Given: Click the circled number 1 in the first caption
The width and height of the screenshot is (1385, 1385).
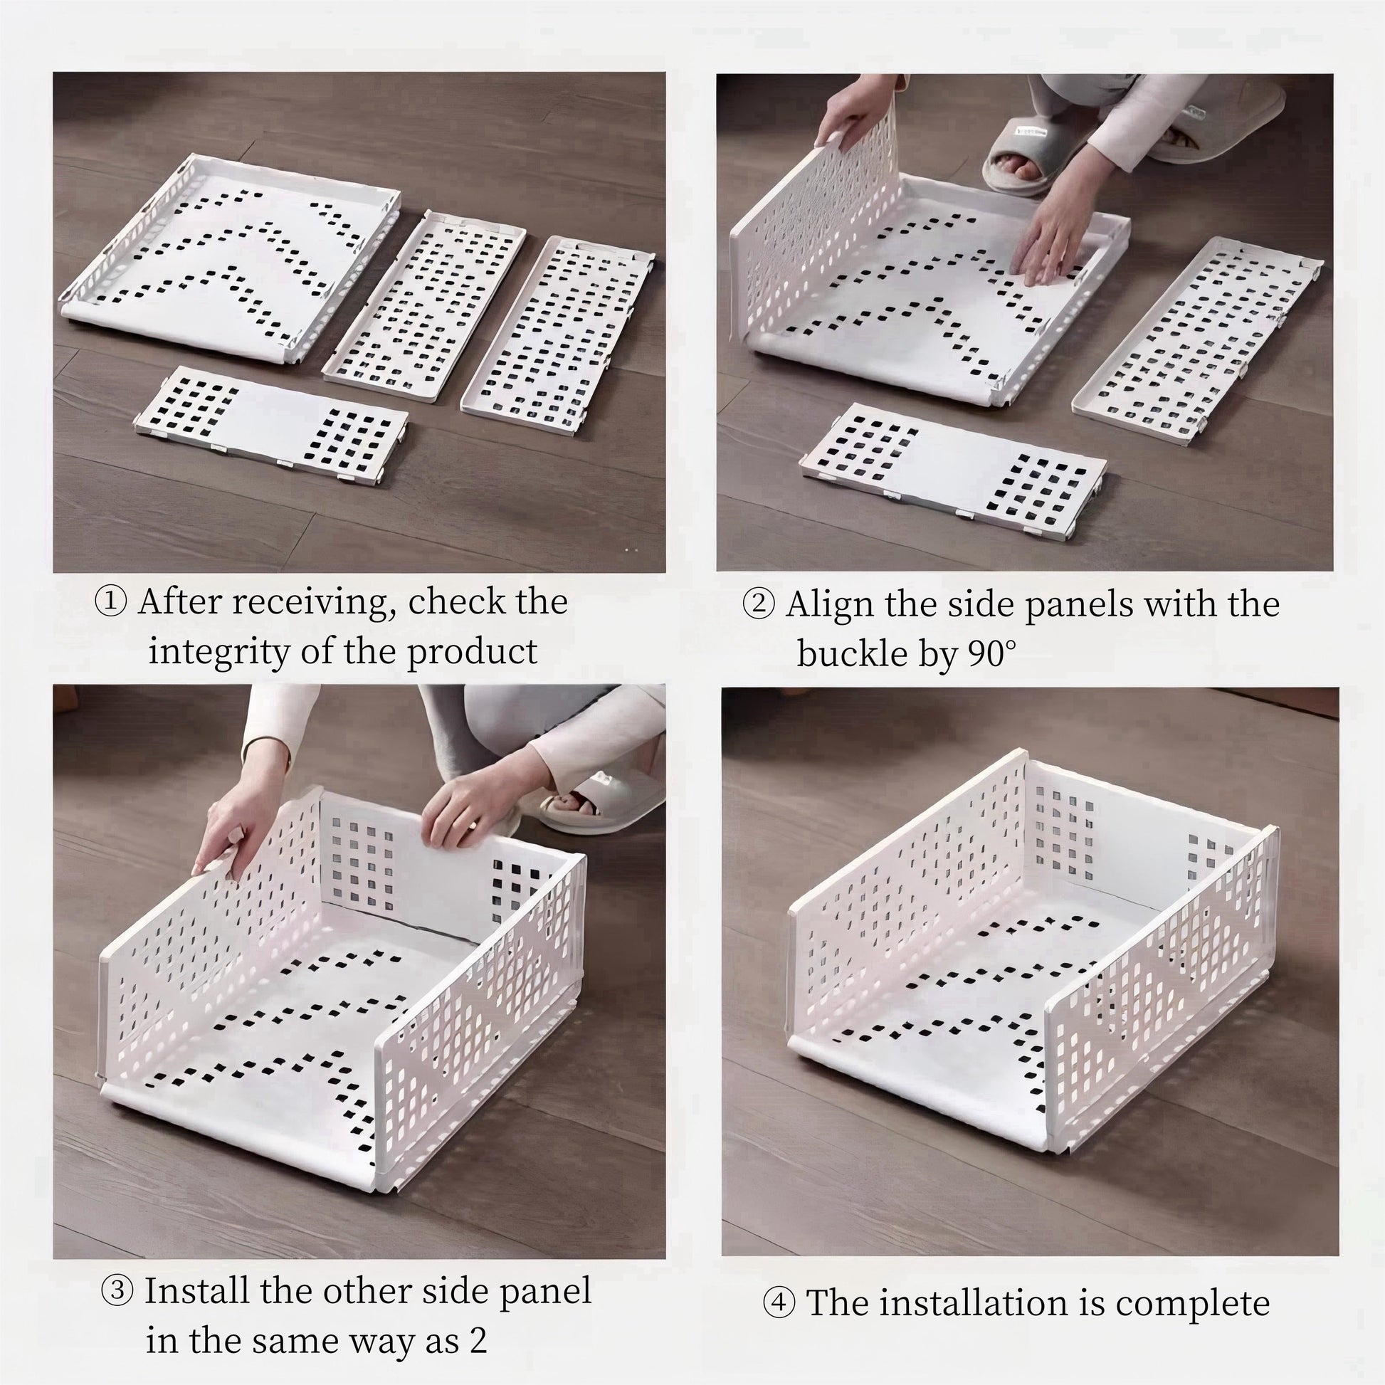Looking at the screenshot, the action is [x=111, y=601].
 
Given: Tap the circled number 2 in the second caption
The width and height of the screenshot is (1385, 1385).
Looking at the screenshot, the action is [x=759, y=604].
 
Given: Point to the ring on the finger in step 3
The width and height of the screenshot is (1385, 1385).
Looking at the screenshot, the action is [x=474, y=825].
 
